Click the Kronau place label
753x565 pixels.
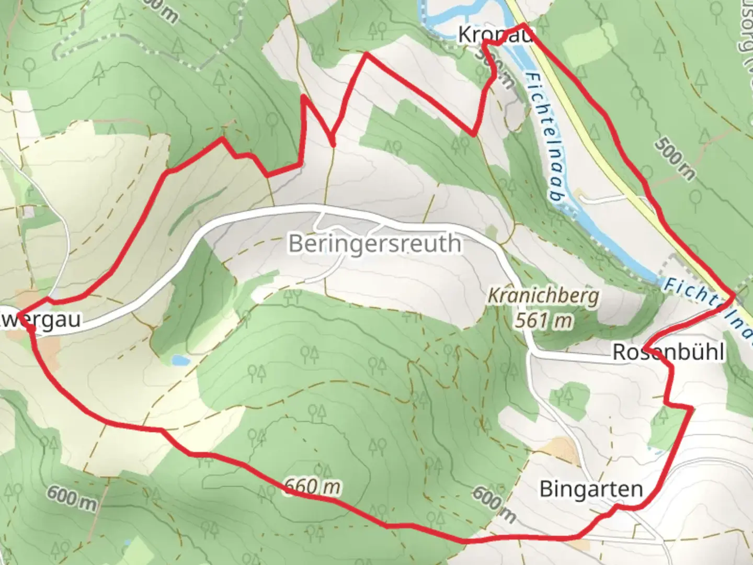click(495, 35)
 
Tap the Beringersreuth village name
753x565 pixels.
click(375, 244)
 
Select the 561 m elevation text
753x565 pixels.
click(543, 320)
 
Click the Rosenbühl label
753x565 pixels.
click(668, 352)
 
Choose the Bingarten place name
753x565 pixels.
click(591, 489)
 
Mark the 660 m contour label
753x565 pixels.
click(312, 487)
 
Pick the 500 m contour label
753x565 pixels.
click(675, 157)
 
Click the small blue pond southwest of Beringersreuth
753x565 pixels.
click(180, 360)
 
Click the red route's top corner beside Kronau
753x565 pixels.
click(522, 25)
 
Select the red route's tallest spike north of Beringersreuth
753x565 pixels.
click(366, 53)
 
